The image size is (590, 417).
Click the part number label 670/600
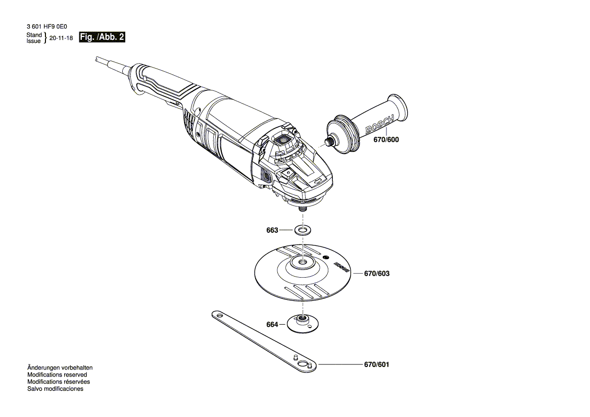(x=386, y=140)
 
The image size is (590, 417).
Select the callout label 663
(x=272, y=230)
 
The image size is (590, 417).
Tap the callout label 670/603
(x=377, y=274)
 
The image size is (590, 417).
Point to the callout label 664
(x=272, y=325)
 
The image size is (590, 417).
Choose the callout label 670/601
(x=377, y=364)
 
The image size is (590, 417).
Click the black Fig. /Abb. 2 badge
(x=103, y=37)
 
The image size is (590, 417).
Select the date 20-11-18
(x=62, y=38)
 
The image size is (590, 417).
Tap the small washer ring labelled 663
(x=303, y=231)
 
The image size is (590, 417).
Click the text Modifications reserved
(x=57, y=375)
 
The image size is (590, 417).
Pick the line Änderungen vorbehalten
(x=60, y=368)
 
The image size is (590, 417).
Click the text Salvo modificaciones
(x=55, y=389)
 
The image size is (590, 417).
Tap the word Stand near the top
(x=34, y=35)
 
